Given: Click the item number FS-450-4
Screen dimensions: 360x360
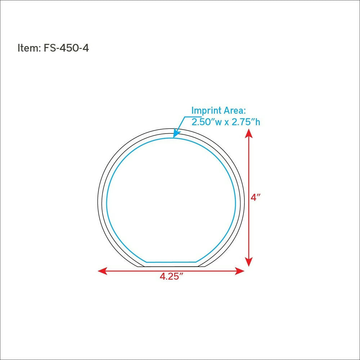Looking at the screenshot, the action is coord(66,48).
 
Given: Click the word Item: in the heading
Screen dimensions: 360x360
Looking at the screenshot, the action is coord(29,48).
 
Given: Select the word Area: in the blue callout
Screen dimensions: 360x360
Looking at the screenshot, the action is coord(235,111).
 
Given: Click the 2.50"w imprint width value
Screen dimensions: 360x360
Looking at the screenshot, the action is coord(207,122).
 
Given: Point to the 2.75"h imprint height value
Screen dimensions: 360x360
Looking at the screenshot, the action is coord(246,122).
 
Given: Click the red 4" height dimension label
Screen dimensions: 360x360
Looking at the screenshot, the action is coord(256,197).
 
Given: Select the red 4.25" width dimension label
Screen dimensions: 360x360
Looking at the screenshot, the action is coord(172,276).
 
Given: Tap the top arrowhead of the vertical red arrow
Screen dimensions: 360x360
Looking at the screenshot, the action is coord(249,134).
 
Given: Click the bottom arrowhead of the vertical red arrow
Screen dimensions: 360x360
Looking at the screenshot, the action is coord(249,262).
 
